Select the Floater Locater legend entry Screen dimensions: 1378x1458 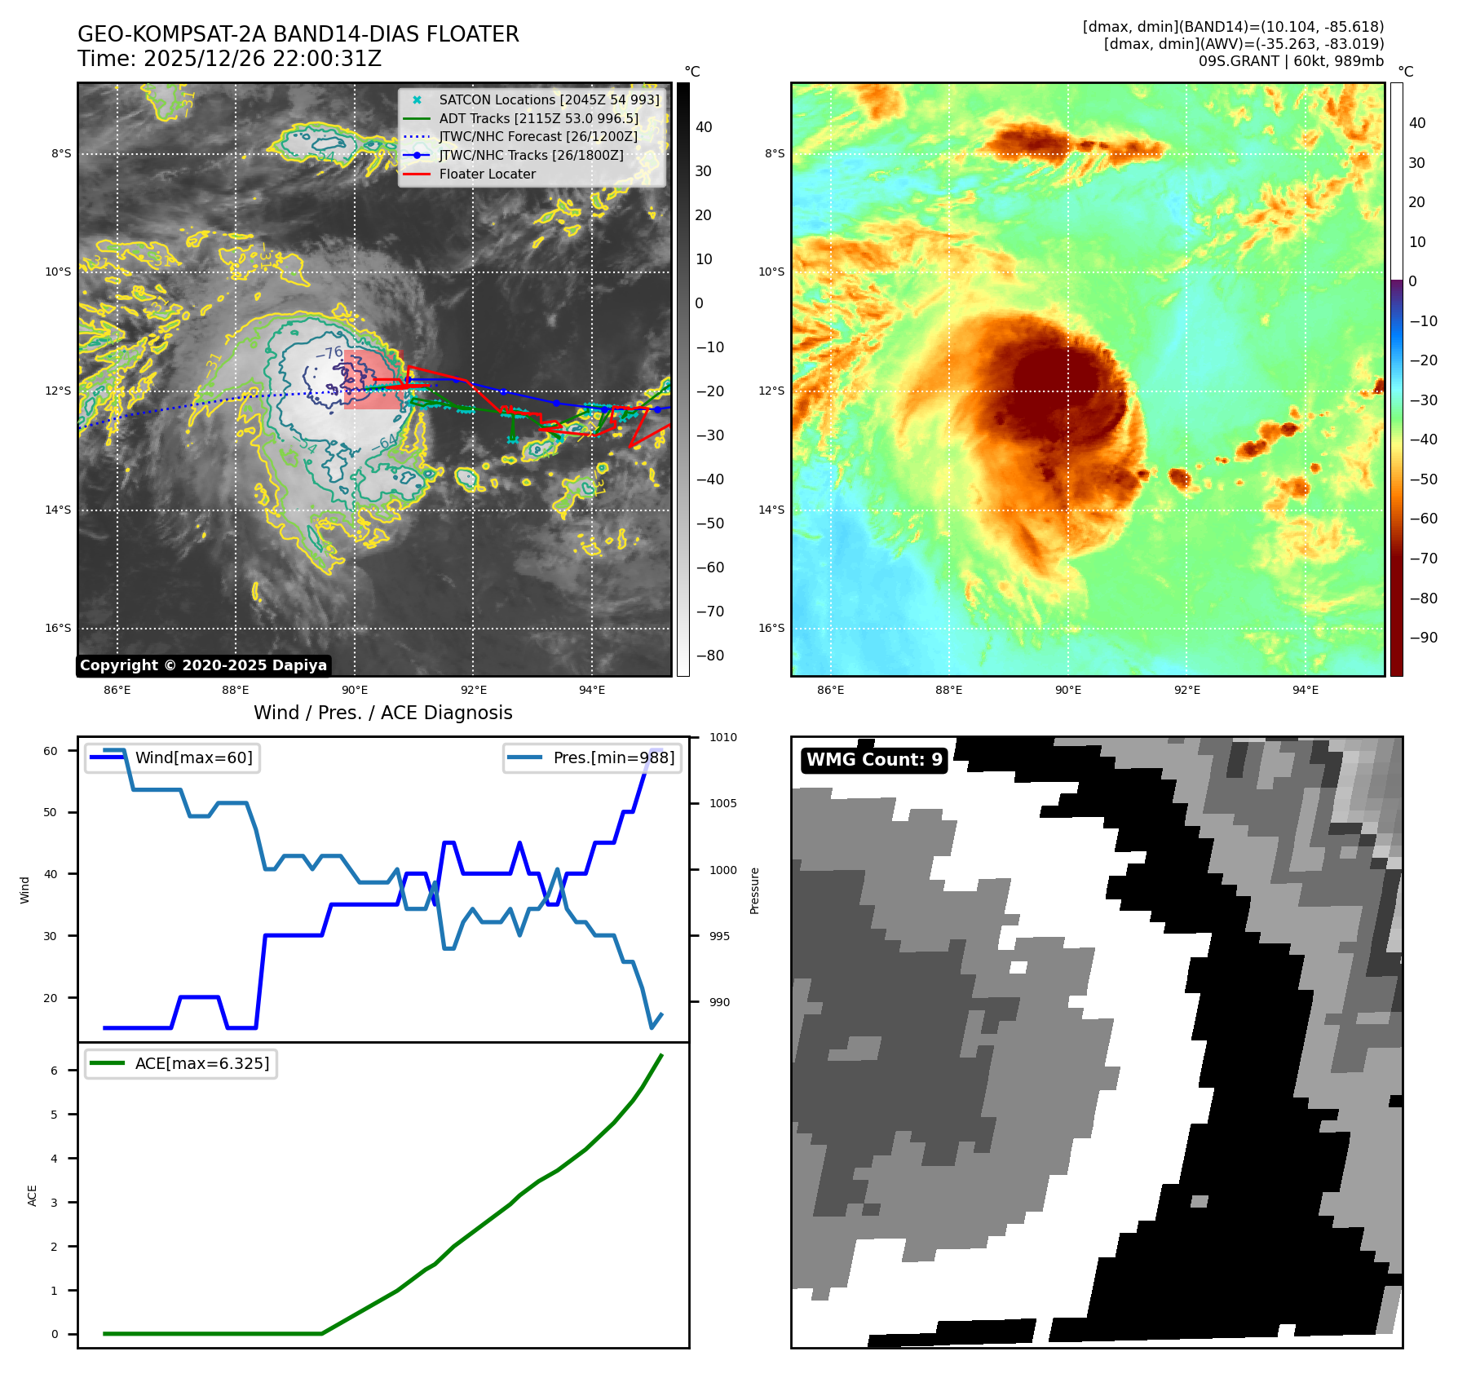pyautogui.click(x=487, y=174)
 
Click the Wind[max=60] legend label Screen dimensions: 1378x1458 pyautogui.click(x=193, y=757)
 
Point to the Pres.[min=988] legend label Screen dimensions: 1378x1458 pyautogui.click(x=613, y=757)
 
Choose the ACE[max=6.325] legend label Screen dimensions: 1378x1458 pyautogui.click(x=201, y=1063)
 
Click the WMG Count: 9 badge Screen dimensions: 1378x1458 pyautogui.click(x=874, y=760)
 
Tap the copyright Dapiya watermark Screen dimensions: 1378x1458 pyautogui.click(x=203, y=665)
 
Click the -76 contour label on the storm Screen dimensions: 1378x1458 pyautogui.click(x=329, y=353)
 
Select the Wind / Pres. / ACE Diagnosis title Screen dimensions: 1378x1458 pyautogui.click(x=382, y=713)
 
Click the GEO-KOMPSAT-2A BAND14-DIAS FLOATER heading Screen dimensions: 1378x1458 pyautogui.click(x=298, y=34)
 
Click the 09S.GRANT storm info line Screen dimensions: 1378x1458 pyautogui.click(x=1291, y=61)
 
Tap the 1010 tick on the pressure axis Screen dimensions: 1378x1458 pyautogui.click(x=722, y=737)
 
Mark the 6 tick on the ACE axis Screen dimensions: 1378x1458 pyautogui.click(x=55, y=1071)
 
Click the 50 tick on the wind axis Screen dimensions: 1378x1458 pyautogui.click(x=51, y=812)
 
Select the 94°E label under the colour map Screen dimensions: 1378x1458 pyautogui.click(x=1305, y=690)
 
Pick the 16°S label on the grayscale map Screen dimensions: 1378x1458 pyautogui.click(x=58, y=628)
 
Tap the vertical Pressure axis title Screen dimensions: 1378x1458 pyautogui.click(x=754, y=890)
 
